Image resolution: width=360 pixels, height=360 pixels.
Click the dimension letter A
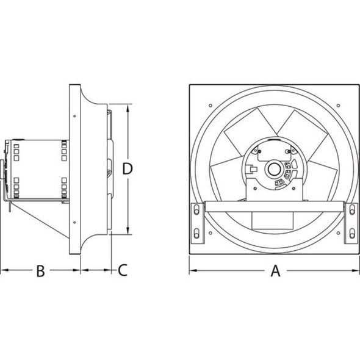click(275, 271)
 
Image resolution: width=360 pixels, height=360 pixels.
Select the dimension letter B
click(40, 271)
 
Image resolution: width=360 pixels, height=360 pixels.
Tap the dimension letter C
click(122, 270)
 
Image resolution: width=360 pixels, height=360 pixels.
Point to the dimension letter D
click(127, 169)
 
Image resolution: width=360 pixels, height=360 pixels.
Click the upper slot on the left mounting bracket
click(196, 211)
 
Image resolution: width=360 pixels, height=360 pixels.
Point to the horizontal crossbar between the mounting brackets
click(275, 207)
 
